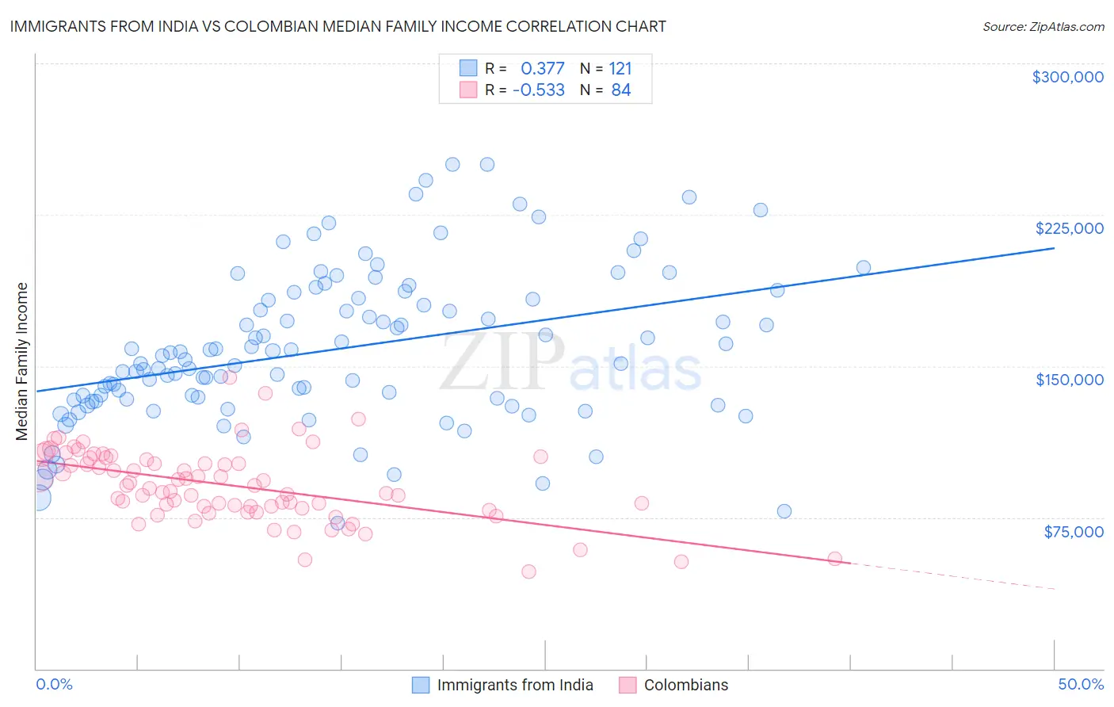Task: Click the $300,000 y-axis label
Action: coord(1067,77)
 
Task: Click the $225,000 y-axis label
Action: coord(1069,228)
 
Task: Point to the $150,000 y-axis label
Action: coord(1069,380)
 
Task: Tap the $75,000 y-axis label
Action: coord(1073,532)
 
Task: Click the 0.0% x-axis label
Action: coord(54,684)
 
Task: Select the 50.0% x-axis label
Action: coord(1081,684)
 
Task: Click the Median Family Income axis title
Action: coord(22,361)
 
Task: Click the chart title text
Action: coord(338,26)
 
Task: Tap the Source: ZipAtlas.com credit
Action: coord(1043,26)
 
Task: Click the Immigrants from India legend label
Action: coord(515,685)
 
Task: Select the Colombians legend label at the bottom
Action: coord(686,685)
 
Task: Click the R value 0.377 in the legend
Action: coord(543,68)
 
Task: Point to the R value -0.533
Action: coord(539,90)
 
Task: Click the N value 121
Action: coord(620,68)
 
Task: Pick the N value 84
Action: coord(621,90)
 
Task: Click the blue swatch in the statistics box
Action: coord(468,68)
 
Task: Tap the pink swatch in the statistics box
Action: coord(468,90)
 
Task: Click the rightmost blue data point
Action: coord(864,268)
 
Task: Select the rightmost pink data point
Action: coord(834,559)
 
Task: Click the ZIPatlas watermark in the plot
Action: coord(570,363)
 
